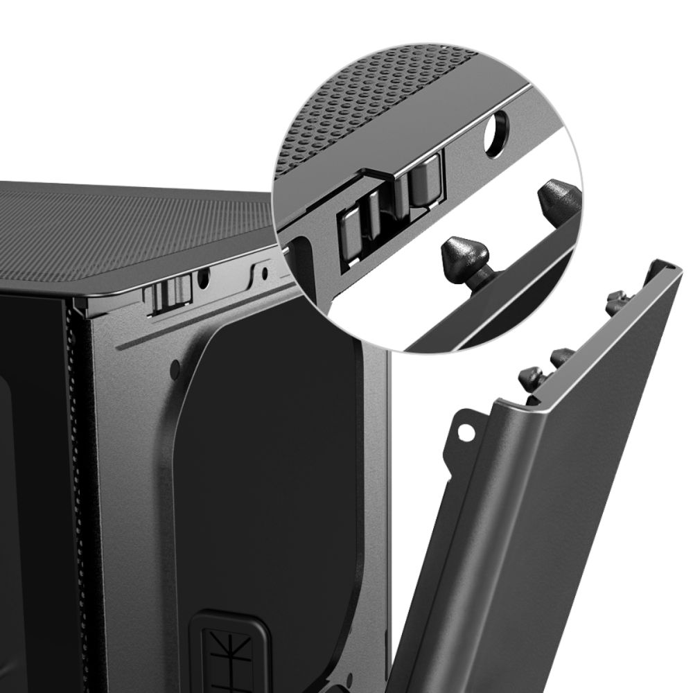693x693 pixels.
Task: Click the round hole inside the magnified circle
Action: click(x=498, y=129)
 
